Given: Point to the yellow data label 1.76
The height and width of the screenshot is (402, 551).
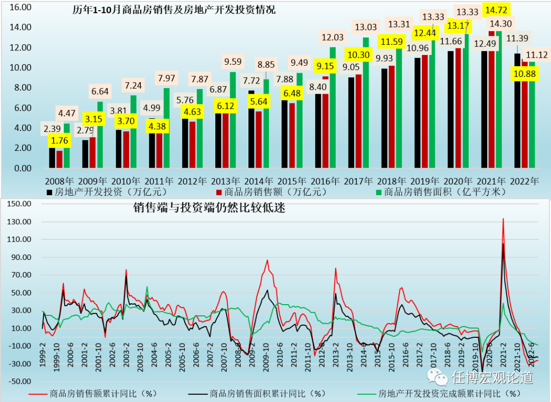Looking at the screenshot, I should [59, 139].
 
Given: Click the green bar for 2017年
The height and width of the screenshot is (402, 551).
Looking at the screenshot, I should [366, 102].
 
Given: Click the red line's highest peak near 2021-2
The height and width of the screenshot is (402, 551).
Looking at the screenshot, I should [503, 219].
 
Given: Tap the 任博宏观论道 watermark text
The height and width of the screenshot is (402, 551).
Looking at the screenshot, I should [492, 378].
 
